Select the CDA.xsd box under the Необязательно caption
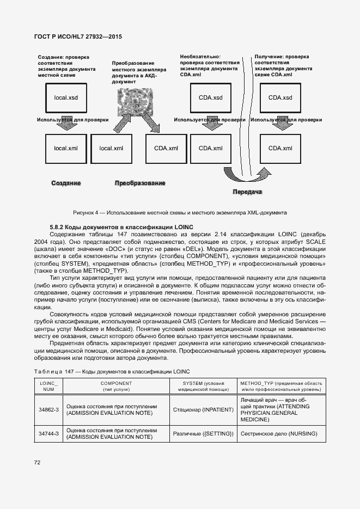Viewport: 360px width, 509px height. [x=210, y=97]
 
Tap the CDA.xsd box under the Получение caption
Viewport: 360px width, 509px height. [x=280, y=97]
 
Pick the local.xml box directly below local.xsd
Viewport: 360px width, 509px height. [x=65, y=148]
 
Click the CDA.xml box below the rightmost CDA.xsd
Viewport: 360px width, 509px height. [x=280, y=148]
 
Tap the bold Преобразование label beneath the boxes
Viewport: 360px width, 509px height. [x=139, y=183]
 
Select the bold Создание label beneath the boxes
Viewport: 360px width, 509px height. [x=66, y=183]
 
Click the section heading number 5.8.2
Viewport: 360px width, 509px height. [x=58, y=226]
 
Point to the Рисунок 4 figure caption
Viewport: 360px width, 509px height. [x=180, y=212]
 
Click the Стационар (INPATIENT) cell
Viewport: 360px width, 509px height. [x=203, y=410]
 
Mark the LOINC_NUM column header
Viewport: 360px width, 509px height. [x=48, y=387]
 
